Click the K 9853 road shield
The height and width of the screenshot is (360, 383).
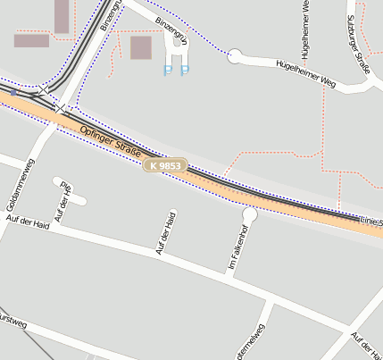(165, 166)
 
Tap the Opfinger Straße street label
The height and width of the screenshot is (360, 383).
(110, 145)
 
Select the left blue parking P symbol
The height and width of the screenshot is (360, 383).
(168, 70)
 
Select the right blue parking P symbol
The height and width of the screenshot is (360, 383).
(185, 70)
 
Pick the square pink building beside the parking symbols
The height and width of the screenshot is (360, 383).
(141, 47)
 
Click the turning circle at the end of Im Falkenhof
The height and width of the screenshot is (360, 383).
(250, 214)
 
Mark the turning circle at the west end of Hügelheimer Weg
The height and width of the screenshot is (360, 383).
(235, 55)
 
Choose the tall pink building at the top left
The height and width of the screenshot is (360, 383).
(62, 16)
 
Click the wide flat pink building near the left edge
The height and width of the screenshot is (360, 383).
(31, 40)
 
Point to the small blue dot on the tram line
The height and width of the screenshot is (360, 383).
(13, 92)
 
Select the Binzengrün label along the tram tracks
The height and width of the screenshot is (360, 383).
(108, 16)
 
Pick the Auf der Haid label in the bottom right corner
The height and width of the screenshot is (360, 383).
(366, 345)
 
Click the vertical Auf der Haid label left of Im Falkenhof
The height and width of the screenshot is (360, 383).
(166, 232)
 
